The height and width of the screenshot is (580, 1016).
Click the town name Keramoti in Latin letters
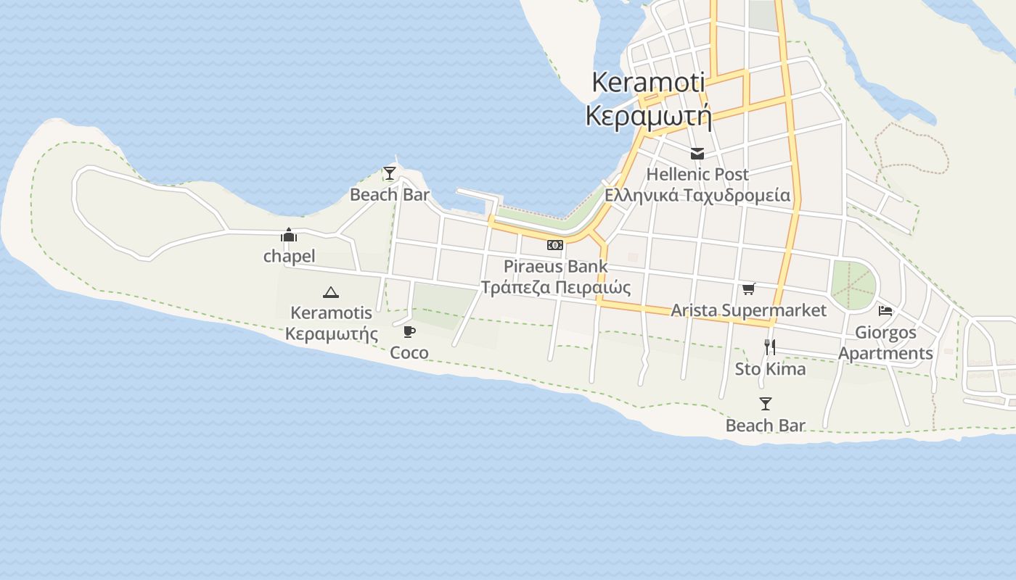tap(648, 82)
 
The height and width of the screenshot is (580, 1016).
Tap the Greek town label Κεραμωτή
tap(648, 115)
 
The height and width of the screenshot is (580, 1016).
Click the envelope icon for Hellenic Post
tap(697, 154)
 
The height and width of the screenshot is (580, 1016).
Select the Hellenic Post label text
tap(697, 175)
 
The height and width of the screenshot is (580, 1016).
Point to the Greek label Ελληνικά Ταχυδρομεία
tap(697, 195)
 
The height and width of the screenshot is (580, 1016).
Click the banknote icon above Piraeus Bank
tap(555, 245)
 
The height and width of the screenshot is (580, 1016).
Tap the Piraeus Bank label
tap(556, 266)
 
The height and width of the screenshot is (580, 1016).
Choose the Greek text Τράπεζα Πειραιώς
tap(556, 287)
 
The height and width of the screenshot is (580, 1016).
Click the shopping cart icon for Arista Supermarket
tap(749, 289)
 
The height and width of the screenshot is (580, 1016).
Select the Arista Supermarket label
tap(748, 310)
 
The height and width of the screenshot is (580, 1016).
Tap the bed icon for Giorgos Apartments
tap(885, 311)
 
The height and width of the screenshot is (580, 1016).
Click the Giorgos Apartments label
tap(885, 343)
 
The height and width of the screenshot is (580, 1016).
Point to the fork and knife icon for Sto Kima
tap(770, 347)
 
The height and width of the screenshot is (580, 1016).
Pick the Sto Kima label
tap(770, 369)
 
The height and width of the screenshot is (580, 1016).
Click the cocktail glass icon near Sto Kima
tap(766, 404)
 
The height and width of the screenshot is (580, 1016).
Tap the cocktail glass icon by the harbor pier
tap(390, 173)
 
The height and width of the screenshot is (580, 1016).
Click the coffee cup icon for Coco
tap(409, 332)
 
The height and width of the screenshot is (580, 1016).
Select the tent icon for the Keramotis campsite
tap(331, 292)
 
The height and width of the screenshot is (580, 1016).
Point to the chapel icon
tap(289, 235)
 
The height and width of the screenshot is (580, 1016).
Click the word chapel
tap(289, 256)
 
